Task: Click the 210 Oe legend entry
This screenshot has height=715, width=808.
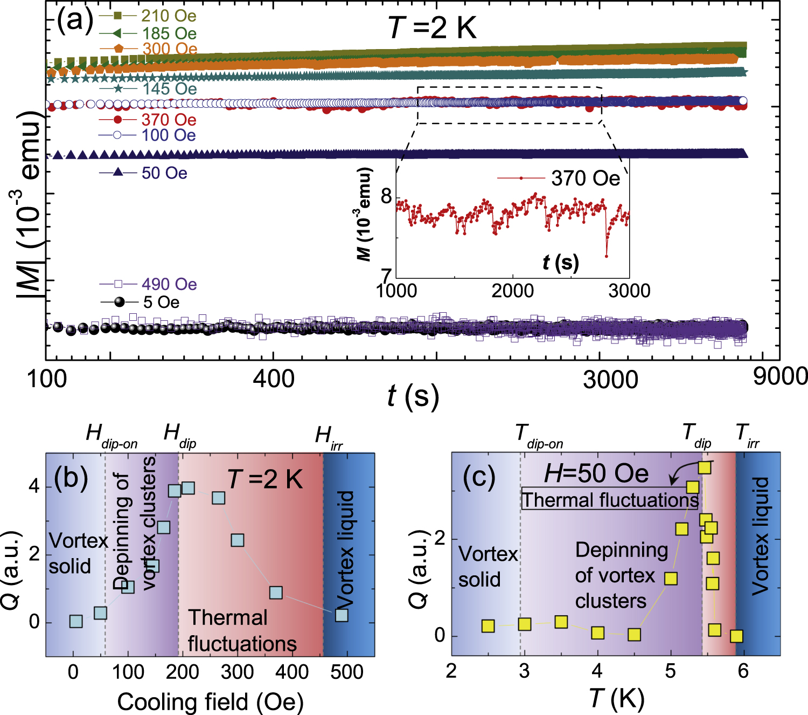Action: (x=168, y=16)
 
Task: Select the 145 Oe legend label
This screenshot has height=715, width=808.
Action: (x=169, y=88)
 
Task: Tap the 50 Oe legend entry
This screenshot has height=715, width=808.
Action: (x=164, y=173)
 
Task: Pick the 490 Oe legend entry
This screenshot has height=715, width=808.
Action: (x=169, y=284)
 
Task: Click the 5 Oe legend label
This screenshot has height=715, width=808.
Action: (x=161, y=302)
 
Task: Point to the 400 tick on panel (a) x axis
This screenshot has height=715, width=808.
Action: (x=274, y=379)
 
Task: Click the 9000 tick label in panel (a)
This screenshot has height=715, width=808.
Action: (x=779, y=376)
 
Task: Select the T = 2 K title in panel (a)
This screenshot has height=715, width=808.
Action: (x=433, y=27)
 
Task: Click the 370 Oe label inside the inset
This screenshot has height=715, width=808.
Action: (x=585, y=178)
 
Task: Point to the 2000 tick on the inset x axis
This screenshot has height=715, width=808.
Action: (x=512, y=291)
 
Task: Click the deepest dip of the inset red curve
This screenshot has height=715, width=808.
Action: (x=607, y=256)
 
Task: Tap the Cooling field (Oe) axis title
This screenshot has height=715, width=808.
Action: (x=211, y=702)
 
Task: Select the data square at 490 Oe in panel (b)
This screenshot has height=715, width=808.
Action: (x=342, y=615)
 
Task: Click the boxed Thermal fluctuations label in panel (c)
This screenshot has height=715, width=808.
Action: (x=610, y=500)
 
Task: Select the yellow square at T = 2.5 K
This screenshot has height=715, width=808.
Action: (x=488, y=626)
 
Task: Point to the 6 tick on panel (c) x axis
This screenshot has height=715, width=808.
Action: (x=743, y=671)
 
